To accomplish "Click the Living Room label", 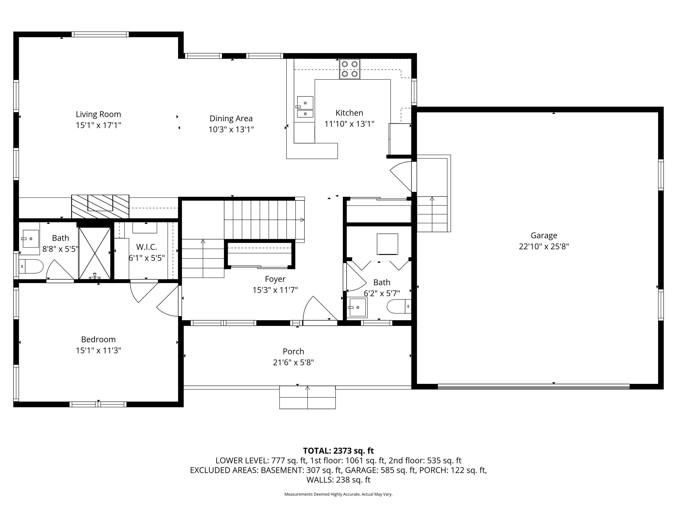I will point(98,114).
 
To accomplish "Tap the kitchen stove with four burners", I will point(350,69).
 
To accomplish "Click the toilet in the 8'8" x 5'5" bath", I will point(31,266).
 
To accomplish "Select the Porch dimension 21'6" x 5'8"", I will point(293,362).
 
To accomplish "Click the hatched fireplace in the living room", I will point(100,206).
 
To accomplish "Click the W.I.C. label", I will point(146,247).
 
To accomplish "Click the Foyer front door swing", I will point(318,309).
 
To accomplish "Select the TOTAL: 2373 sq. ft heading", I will point(338,451).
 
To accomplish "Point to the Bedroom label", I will point(98,339).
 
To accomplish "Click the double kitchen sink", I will point(305,107).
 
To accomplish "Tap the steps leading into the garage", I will point(432,214).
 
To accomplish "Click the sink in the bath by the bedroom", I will point(31,239).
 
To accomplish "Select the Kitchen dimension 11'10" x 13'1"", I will point(349,124).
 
